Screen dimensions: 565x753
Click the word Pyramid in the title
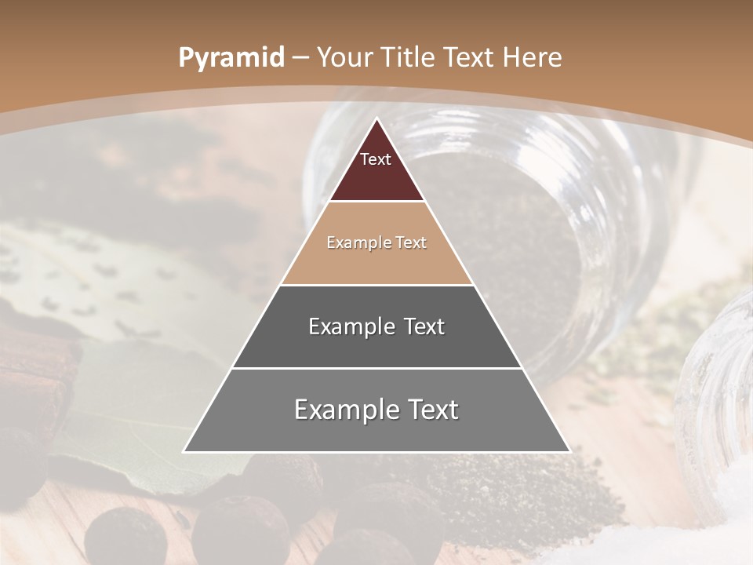point(231,58)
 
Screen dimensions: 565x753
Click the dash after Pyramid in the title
point(300,58)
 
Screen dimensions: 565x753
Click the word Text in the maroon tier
point(376,159)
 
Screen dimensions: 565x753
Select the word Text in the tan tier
point(411,242)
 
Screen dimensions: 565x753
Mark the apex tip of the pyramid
point(376,119)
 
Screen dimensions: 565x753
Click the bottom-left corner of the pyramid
point(184,451)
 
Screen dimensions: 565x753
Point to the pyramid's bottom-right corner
point(569,451)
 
